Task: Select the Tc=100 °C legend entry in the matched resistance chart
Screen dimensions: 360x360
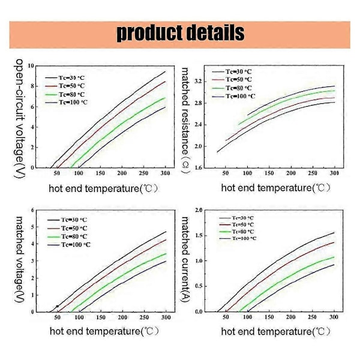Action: coord(238,96)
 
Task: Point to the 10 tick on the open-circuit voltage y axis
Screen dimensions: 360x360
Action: coord(31,65)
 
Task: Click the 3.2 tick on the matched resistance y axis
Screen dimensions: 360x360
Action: coord(199,81)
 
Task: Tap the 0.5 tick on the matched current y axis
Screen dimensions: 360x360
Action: coord(199,286)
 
